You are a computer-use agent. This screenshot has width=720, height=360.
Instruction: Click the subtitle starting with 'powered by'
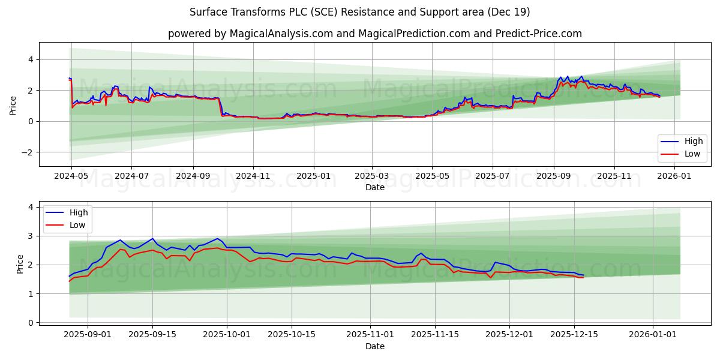pyautogui.click(x=374, y=34)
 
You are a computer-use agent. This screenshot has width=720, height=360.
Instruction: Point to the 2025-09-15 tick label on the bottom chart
pyautogui.click(x=152, y=335)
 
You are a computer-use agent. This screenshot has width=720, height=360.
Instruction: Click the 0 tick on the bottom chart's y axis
pyautogui.click(x=30, y=323)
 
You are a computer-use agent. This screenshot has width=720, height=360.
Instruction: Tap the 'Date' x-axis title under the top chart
pyautogui.click(x=374, y=188)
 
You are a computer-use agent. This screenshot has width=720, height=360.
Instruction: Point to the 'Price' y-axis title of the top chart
pyautogui.click(x=13, y=104)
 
